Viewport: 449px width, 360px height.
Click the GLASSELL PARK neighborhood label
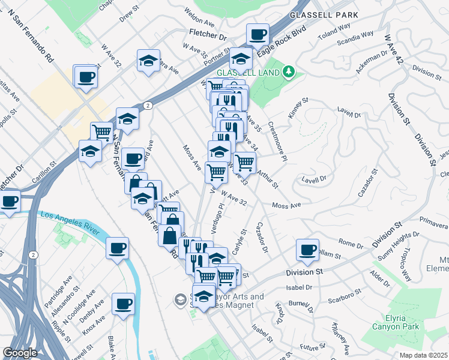(x=324, y=15)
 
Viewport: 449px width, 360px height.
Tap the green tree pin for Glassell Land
(x=289, y=72)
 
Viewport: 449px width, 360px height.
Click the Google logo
(x=20, y=353)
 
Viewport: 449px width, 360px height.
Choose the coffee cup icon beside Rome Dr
(x=307, y=250)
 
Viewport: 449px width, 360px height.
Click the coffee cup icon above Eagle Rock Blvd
(x=258, y=35)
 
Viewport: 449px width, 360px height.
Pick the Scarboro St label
(x=345, y=296)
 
